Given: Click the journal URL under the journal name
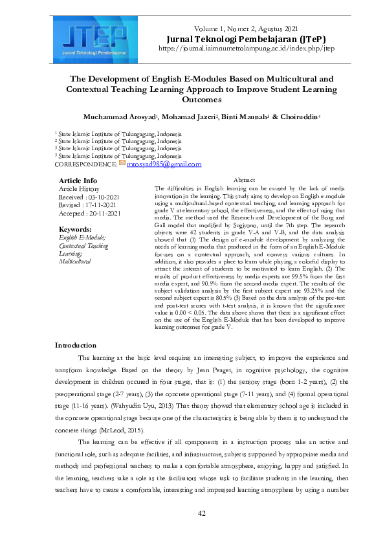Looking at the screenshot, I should pos(246,48).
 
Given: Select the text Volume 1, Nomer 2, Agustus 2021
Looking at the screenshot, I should pos(247,29).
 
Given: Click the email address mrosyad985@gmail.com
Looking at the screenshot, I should pos(164,165).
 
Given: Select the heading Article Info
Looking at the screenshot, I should pos(78,180).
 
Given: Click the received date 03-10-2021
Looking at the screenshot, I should pos(100,196).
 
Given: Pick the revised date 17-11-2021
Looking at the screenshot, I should pos(99,205).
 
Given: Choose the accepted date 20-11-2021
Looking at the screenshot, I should pos(100,213).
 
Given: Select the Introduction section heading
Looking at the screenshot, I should pos(76,345).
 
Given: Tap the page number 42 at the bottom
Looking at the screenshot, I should pos(201,514).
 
